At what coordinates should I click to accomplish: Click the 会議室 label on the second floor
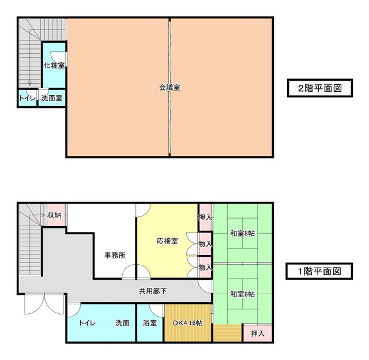170,88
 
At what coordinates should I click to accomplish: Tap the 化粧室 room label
54,65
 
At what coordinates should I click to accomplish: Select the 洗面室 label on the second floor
52,98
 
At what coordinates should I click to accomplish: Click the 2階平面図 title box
320,88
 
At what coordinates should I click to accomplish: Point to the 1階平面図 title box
319,271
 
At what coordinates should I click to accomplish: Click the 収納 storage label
54,215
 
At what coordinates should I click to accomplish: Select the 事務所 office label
115,255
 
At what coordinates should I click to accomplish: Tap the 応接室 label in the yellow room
167,241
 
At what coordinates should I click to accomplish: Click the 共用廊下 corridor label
153,291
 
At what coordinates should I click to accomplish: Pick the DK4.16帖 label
187,323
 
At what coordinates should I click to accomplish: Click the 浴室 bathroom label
150,323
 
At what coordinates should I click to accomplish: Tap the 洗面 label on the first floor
122,323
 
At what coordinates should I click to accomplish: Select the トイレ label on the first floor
87,323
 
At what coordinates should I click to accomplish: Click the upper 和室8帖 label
242,233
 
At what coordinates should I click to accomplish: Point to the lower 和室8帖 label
242,294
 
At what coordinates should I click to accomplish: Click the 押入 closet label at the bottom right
258,333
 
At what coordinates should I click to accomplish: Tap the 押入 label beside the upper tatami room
205,217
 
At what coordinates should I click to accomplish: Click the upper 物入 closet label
205,244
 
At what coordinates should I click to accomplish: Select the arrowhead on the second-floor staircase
29,84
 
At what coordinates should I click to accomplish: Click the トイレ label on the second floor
27,98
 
